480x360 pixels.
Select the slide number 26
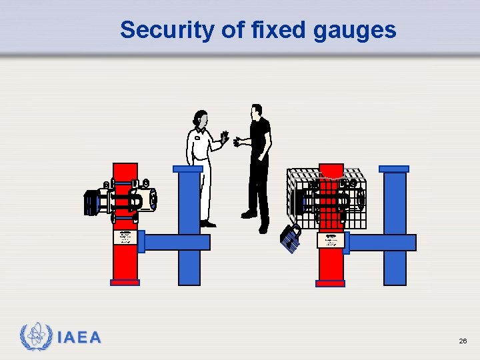(463, 341)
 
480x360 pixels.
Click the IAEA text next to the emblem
(79, 337)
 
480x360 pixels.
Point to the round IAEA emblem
(35, 337)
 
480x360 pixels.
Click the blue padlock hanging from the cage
(290, 237)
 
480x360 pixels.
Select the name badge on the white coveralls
(197, 139)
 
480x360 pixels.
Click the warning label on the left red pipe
(125, 238)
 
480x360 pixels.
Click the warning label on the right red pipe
(331, 240)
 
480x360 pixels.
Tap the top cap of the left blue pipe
(188, 169)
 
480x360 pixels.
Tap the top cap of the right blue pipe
(394, 169)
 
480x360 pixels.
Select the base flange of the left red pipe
(125, 283)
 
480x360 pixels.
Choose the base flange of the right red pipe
(331, 283)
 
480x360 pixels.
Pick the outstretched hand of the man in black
(237, 141)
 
